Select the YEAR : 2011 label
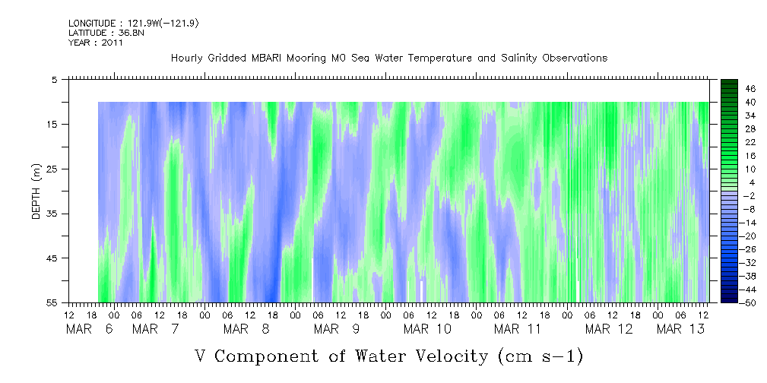point(95,43)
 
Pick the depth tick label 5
point(55,79)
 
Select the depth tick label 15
point(52,124)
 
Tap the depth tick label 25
point(52,169)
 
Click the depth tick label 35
point(52,214)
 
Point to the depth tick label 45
point(52,258)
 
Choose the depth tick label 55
point(52,303)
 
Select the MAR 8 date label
point(247,329)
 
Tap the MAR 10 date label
point(427,329)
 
